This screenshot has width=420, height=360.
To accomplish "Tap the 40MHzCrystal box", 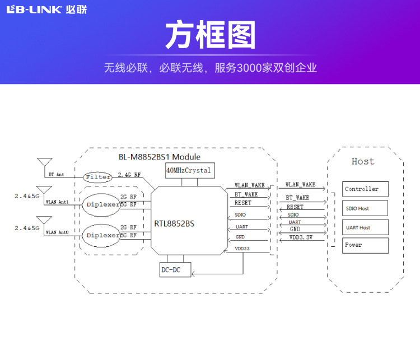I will (189, 170).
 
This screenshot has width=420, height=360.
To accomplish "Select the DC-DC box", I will (171, 270).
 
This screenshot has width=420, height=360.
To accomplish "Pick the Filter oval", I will (98, 177).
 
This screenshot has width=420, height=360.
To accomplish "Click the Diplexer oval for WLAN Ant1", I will (104, 204).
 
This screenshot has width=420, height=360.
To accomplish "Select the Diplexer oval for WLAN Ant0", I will (104, 235).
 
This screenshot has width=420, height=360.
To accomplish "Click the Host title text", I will (363, 161).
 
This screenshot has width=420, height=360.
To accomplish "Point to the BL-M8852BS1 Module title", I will (159, 157).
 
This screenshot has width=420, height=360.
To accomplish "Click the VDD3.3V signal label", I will (301, 237).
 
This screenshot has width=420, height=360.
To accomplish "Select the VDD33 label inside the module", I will (242, 248).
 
